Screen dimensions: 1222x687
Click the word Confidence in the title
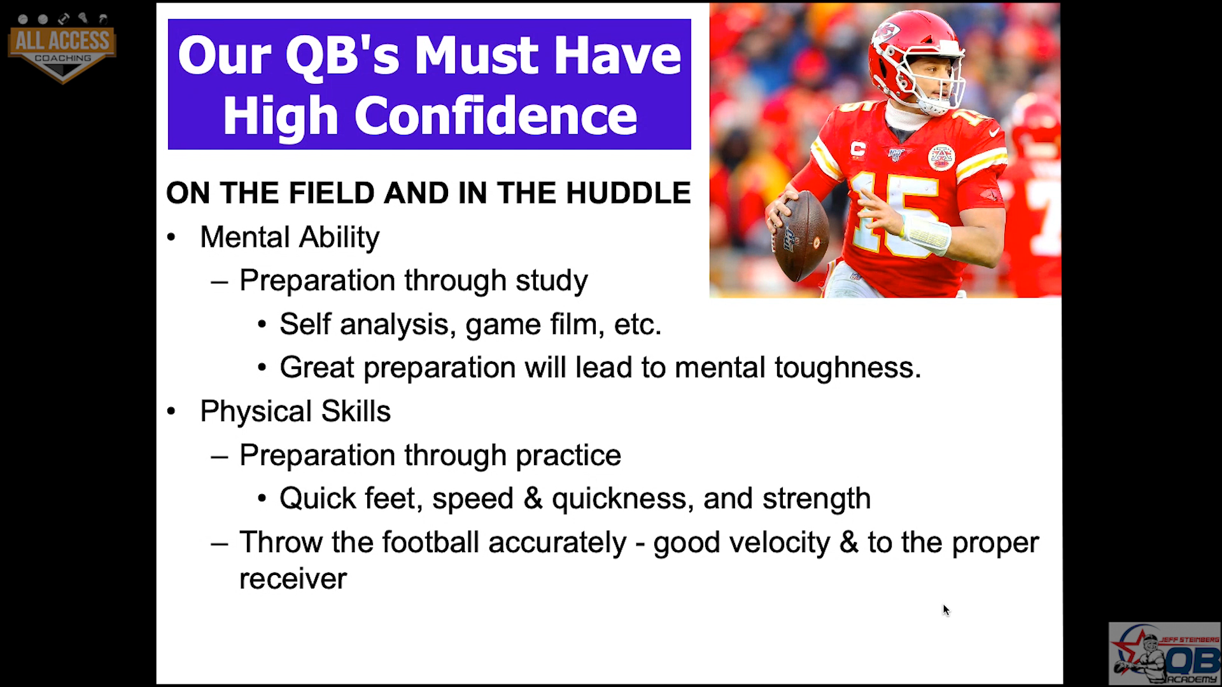(496, 116)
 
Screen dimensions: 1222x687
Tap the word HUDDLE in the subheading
(628, 193)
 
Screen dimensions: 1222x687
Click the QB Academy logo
(1164, 653)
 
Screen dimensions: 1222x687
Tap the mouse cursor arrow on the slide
(946, 611)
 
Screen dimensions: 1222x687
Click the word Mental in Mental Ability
(245, 237)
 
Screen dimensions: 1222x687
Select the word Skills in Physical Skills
(356, 412)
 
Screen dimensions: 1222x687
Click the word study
(552, 281)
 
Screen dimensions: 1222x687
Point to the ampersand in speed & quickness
(533, 499)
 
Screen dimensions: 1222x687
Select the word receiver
(293, 579)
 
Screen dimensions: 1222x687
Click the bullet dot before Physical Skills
(171, 412)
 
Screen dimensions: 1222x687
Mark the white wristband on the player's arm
(926, 234)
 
